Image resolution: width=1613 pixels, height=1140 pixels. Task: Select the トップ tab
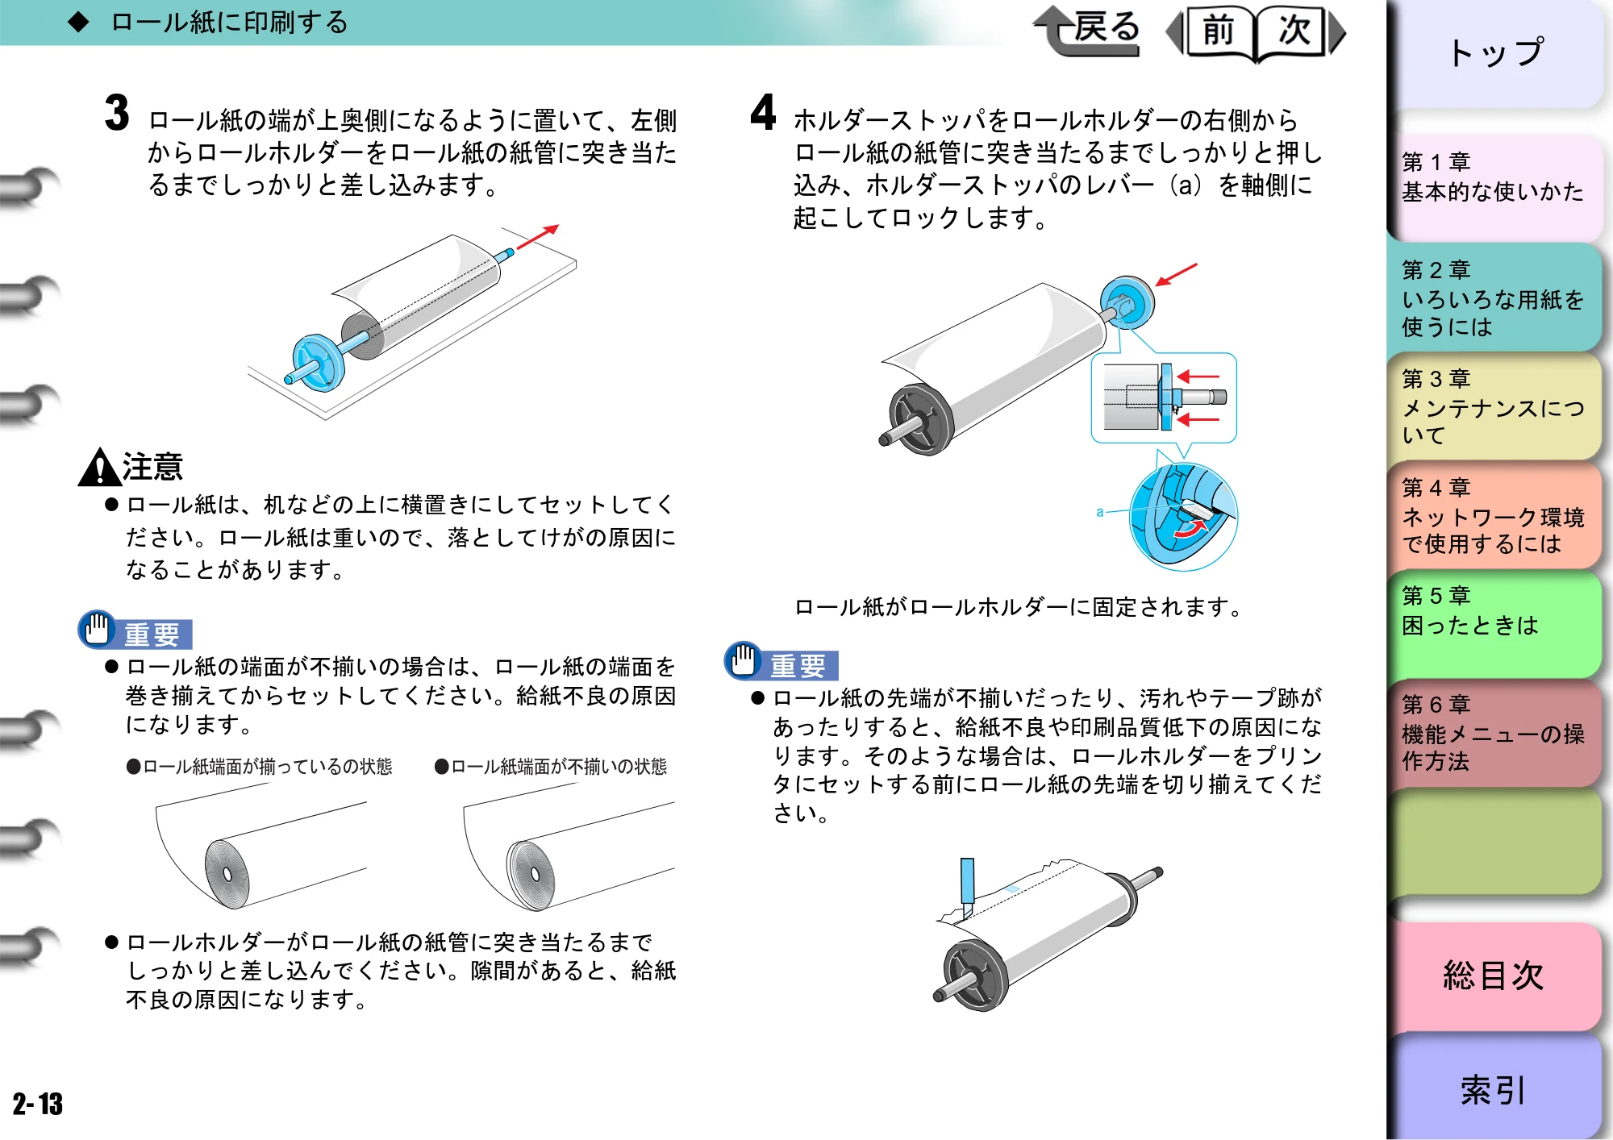pyautogui.click(x=1495, y=53)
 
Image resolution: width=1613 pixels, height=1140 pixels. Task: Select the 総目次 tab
pyautogui.click(x=1495, y=976)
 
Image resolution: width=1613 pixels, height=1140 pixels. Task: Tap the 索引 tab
pyautogui.click(x=1495, y=1089)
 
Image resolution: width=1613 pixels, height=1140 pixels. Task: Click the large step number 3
pyautogui.click(x=117, y=112)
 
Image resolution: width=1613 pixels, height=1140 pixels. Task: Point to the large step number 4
pyautogui.click(x=763, y=112)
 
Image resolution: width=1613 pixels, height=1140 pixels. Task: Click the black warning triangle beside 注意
pyautogui.click(x=99, y=468)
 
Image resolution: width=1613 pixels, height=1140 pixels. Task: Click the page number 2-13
pyautogui.click(x=37, y=1104)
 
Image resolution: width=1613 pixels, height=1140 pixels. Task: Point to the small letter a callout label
pyautogui.click(x=1100, y=512)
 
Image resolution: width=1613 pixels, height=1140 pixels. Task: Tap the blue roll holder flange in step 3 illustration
pyautogui.click(x=318, y=363)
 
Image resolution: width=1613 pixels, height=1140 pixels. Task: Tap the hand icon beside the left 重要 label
pyautogui.click(x=98, y=628)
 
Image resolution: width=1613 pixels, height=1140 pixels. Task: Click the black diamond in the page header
pyautogui.click(x=78, y=22)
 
